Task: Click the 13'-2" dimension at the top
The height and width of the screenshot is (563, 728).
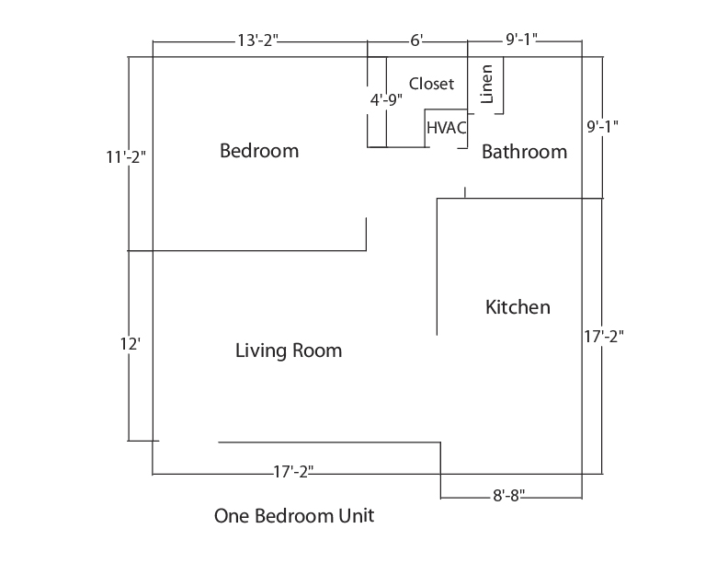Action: [x=257, y=40]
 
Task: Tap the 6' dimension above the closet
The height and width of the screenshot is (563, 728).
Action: [x=416, y=40]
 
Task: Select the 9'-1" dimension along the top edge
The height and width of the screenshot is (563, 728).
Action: [x=521, y=40]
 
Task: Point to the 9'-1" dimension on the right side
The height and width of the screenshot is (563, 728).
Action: [x=602, y=126]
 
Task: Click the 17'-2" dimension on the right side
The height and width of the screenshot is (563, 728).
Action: [x=604, y=336]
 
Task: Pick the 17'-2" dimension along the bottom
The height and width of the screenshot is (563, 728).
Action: [x=293, y=472]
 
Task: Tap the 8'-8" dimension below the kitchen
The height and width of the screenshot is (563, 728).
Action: [x=508, y=496]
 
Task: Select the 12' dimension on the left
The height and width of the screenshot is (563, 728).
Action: [x=130, y=344]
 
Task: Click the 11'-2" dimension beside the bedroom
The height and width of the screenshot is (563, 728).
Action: [x=126, y=157]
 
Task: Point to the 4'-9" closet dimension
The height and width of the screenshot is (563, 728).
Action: [x=386, y=99]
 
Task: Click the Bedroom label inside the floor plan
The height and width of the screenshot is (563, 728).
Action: [x=259, y=151]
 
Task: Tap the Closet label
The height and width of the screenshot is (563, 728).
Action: [x=431, y=84]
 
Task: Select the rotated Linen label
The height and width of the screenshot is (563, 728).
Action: [x=485, y=84]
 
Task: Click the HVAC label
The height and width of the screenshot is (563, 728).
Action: [x=446, y=128]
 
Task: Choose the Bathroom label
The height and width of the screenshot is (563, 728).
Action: [x=524, y=152]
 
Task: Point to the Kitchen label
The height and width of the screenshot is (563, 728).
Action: [x=518, y=307]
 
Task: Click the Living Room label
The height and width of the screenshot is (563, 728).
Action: [x=289, y=350]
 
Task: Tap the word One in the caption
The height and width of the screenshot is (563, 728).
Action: [x=232, y=515]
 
